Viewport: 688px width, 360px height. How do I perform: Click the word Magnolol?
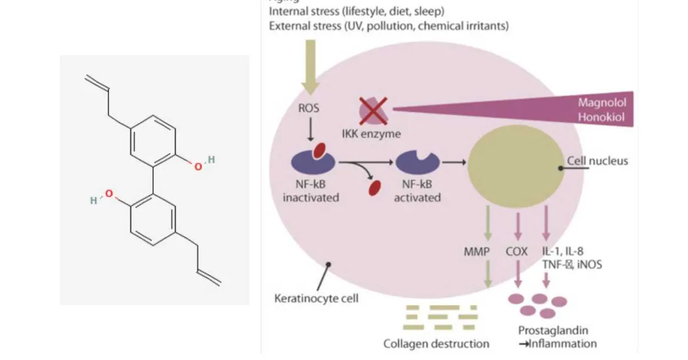602,103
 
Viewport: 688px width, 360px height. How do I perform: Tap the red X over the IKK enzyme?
373,111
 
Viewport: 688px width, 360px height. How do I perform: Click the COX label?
517,252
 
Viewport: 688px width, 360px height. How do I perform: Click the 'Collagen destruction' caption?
436,344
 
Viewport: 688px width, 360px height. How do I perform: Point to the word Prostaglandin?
553,331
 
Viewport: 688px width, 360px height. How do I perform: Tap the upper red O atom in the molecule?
198,166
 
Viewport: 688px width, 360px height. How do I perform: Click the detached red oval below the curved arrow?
376,186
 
